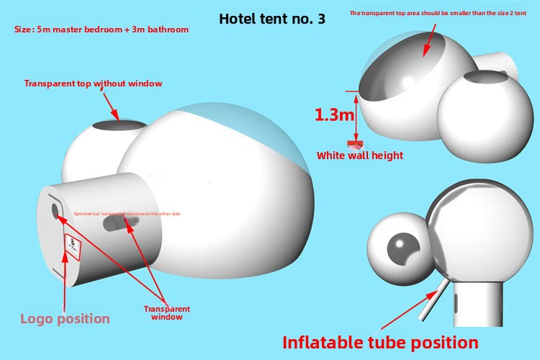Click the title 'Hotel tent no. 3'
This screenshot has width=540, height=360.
272,19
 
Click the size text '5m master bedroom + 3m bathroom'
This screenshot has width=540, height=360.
102,30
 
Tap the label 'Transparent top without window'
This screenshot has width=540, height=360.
94,84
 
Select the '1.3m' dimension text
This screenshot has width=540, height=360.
334,114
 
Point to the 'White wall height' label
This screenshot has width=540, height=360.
360,155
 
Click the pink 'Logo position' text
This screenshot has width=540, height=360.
65,318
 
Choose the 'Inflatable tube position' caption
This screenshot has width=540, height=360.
380,342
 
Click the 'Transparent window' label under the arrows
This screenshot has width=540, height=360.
166,312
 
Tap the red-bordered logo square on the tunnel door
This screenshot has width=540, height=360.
73,246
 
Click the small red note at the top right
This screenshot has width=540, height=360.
438,13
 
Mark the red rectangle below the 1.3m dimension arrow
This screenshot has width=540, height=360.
355,144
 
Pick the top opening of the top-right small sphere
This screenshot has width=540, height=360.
485,76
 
